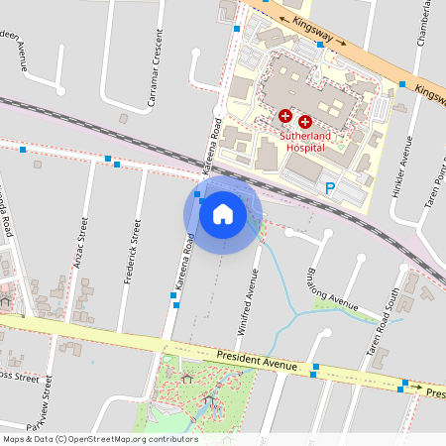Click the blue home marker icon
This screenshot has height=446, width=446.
coord(223,213)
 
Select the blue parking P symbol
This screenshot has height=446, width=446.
coord(331,186)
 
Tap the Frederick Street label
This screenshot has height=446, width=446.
coord(131,253)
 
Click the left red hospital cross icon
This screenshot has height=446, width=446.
coord(285,117)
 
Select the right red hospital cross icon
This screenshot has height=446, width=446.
coord(304,118)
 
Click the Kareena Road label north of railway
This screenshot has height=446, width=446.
coord(212,147)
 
